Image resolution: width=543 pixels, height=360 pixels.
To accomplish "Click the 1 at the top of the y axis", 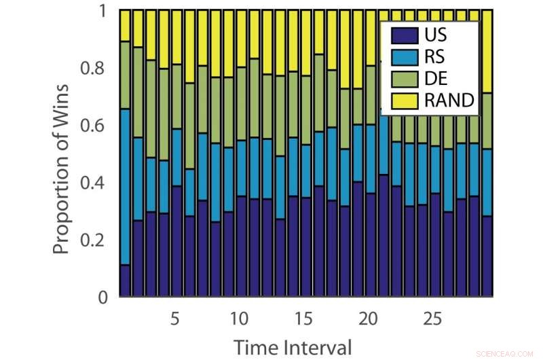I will tap(104, 12).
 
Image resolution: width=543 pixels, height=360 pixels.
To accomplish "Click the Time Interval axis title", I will tap(293, 347).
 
